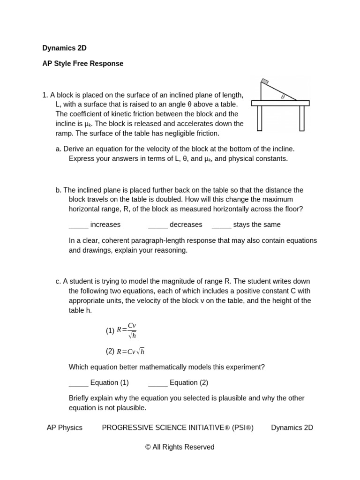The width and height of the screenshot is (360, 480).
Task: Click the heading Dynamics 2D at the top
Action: [64, 48]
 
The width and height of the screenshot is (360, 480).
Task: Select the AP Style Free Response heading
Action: [82, 63]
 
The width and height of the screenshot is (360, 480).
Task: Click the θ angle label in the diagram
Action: [283, 97]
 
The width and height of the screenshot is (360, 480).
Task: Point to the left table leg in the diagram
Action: [259, 118]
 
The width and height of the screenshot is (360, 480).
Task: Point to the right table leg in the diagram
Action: [302, 118]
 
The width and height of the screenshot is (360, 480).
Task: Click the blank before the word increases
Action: [78, 225]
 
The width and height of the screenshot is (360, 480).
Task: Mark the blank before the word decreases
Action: [157, 225]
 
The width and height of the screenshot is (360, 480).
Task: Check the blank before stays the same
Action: [221, 225]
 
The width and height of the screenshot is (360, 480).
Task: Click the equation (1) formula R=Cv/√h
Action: [127, 330]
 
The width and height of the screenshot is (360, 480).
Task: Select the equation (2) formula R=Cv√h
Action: [131, 352]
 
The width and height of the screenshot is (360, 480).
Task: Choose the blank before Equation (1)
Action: [78, 383]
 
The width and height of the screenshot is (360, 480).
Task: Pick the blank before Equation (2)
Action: [157, 383]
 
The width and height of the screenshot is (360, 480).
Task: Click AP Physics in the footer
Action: [64, 427]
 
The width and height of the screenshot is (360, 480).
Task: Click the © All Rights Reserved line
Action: [180, 447]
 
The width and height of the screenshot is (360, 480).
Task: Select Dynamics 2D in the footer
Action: [292, 427]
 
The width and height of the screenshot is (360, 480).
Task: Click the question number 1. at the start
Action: [45, 95]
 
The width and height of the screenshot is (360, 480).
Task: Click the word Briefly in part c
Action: [81, 398]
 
